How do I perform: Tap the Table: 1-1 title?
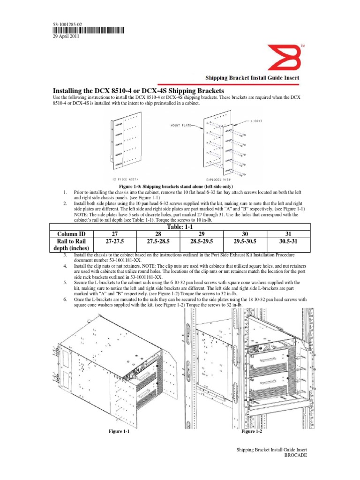click(180, 227)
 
